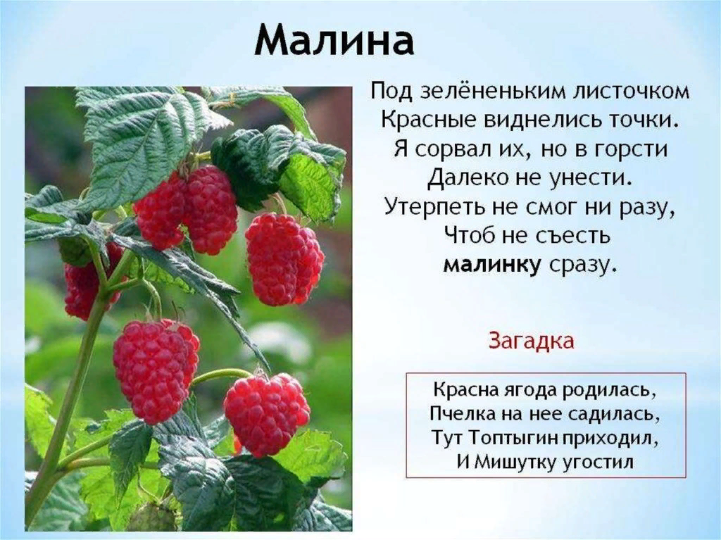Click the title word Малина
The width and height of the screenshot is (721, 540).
(334, 39)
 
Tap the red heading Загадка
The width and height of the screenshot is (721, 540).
(531, 341)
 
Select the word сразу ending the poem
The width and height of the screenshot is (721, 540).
(582, 266)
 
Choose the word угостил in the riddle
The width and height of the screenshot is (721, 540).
(598, 462)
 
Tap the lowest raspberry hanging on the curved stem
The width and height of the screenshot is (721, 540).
(267, 415)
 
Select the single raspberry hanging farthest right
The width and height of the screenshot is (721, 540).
(284, 259)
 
